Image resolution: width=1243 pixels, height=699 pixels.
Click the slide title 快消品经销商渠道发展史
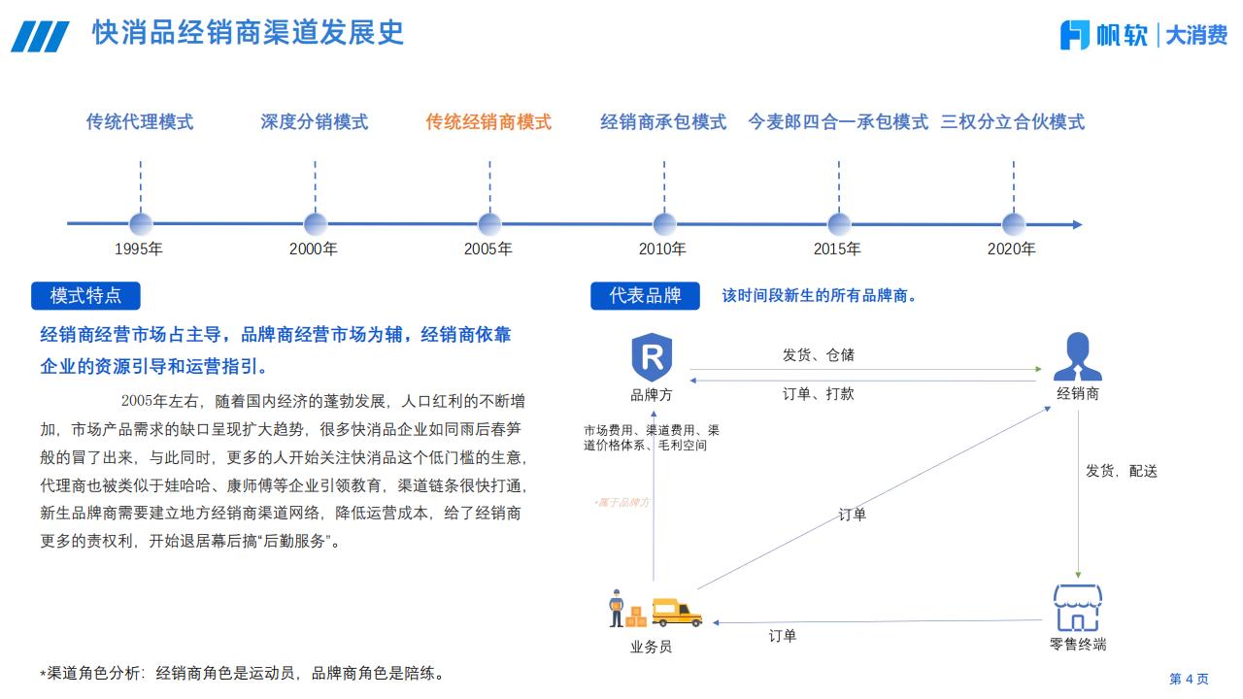click(x=248, y=33)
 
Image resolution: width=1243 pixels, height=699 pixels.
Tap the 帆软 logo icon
click(x=1075, y=35)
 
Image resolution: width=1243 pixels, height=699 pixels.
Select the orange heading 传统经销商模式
click(x=488, y=122)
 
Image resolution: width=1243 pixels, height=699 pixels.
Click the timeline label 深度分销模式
click(x=314, y=122)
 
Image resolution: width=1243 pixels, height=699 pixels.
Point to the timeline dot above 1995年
click(x=141, y=224)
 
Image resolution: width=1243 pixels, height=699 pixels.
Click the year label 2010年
click(x=662, y=250)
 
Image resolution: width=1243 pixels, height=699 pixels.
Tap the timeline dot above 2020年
click(x=1013, y=224)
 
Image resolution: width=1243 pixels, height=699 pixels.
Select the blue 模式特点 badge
click(x=85, y=296)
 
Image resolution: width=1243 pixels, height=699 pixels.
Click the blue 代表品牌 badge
click(x=645, y=296)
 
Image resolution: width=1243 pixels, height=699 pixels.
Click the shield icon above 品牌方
click(x=652, y=357)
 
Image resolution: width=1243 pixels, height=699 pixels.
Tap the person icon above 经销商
click(x=1077, y=357)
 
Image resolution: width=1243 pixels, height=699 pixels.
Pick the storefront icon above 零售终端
click(x=1078, y=608)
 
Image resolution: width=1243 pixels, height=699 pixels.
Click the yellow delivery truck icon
click(x=677, y=611)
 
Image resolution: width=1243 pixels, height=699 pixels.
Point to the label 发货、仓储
click(x=819, y=355)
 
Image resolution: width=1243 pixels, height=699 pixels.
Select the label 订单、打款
click(x=819, y=394)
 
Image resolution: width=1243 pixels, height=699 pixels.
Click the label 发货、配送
click(x=1121, y=471)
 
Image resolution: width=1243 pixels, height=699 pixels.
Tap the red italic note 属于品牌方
click(x=622, y=502)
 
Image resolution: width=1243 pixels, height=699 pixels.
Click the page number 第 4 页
click(x=1189, y=679)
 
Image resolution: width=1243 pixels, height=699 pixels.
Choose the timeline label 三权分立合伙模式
click(x=1012, y=122)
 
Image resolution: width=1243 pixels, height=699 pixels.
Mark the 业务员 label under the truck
click(x=652, y=647)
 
